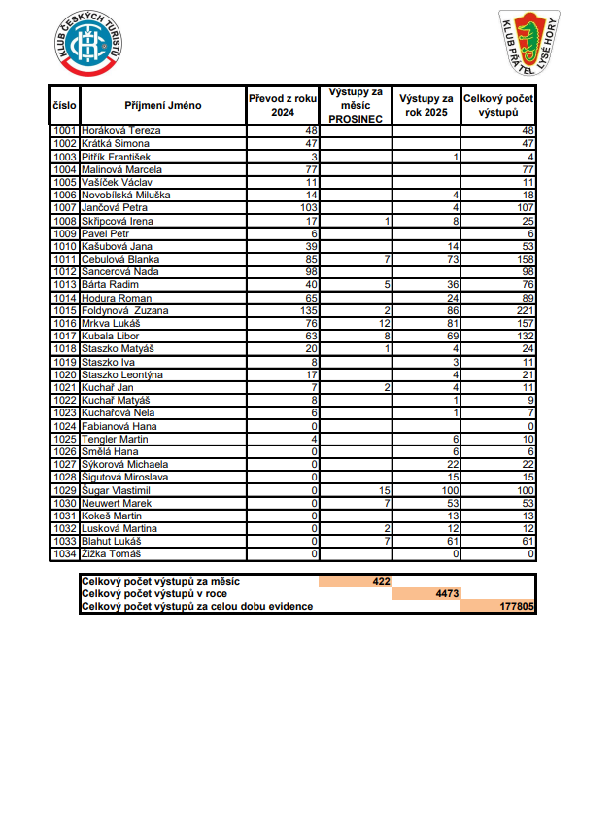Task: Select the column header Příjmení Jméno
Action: click(x=162, y=105)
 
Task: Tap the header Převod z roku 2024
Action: click(x=283, y=105)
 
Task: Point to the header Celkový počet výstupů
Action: click(x=498, y=105)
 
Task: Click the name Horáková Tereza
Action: click(x=120, y=130)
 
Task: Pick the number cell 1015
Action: click(x=65, y=310)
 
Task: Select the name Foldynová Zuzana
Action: click(x=126, y=310)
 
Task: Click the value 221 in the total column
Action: click(x=525, y=310)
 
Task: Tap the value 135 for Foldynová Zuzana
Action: click(x=309, y=310)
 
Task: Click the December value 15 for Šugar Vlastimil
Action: click(x=384, y=490)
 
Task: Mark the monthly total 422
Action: click(x=381, y=581)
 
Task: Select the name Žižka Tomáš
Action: click(x=112, y=554)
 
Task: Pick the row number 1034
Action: click(x=65, y=554)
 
